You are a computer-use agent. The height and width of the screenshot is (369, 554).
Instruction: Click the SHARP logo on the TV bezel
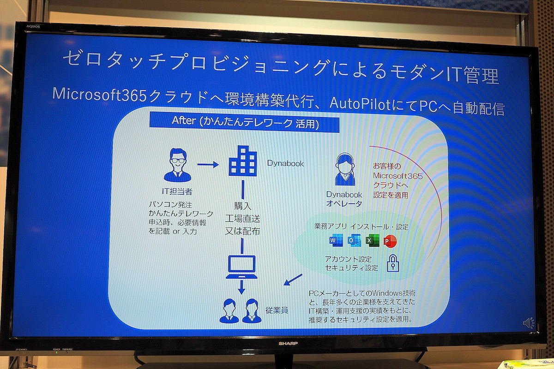point(288,343)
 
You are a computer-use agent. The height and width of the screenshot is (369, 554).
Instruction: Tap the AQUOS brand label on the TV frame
point(33,26)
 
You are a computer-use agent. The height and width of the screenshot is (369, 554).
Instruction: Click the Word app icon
point(336,240)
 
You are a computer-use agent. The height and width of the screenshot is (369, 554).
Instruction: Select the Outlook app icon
point(354,240)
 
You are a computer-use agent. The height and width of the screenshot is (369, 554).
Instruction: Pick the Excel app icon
point(373,240)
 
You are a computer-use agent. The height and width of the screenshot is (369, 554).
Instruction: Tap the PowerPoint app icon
point(390,241)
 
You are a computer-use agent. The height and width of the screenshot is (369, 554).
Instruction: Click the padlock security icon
point(393,263)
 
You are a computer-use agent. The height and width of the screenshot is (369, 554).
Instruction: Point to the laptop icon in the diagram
point(241,267)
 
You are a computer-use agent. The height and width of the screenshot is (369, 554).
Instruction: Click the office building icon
point(243,161)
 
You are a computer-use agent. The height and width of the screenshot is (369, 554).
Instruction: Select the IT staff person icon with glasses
point(177,165)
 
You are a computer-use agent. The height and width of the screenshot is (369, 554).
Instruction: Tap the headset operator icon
point(345,169)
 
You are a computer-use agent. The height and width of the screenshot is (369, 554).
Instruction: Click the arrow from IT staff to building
point(208,164)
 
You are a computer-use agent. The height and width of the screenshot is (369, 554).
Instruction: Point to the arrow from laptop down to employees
point(241,287)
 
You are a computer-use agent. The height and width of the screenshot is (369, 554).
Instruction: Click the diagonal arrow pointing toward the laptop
point(293,280)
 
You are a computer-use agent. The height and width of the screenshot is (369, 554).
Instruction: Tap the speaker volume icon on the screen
point(529,323)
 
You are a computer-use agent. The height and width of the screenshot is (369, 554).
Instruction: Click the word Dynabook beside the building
point(285,163)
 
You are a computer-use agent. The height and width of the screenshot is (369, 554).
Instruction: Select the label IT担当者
point(177,191)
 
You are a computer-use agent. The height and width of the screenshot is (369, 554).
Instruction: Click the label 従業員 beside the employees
point(277,310)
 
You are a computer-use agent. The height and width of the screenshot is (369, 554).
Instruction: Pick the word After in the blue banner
point(184,120)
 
